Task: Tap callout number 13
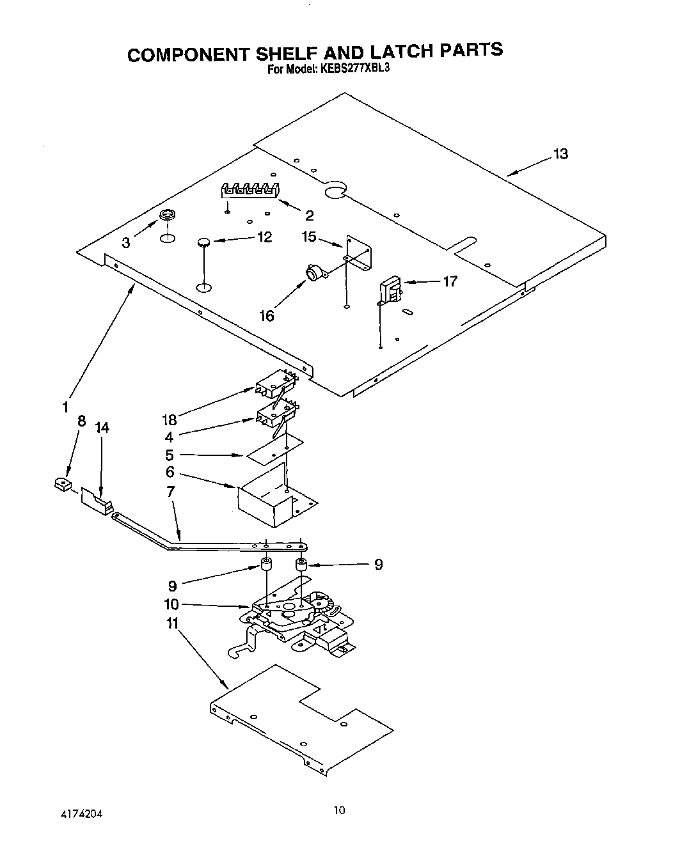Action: coord(560,154)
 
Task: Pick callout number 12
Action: coord(264,237)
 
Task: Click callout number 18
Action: coord(170,420)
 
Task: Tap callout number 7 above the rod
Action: coord(170,492)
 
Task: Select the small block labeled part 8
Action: coord(63,484)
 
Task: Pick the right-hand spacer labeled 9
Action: coord(300,565)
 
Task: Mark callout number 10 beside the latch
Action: coord(171,604)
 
